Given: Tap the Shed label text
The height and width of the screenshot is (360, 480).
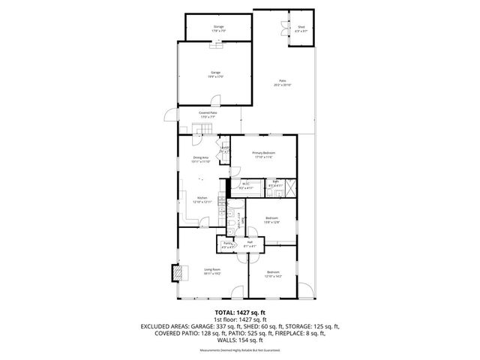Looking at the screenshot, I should pos(300,28).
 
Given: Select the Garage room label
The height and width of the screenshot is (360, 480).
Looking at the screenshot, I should pos(216,73).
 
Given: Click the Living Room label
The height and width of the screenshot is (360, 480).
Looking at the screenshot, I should pos(212,271).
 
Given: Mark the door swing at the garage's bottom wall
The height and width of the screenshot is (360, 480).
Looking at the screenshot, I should pos(215,100).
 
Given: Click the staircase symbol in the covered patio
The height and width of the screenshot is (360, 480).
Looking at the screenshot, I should pos(200,132).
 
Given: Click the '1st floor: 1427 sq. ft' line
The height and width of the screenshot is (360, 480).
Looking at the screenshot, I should pos(239,319).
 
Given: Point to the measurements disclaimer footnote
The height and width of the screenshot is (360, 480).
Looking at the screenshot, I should pos(239,350).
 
